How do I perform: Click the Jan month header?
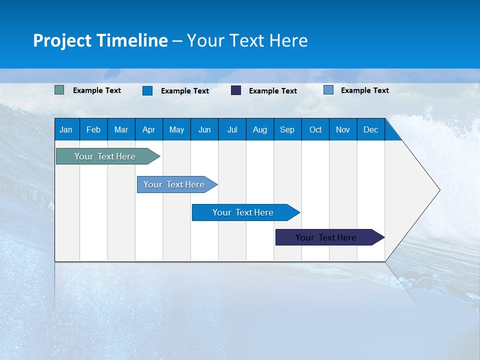(x=66, y=129)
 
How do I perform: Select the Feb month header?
(x=93, y=129)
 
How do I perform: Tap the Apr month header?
(x=148, y=129)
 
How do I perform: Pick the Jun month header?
(x=204, y=129)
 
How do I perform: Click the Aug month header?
(x=259, y=129)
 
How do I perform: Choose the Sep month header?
(x=287, y=129)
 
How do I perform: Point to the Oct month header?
(x=315, y=129)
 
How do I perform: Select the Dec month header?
(x=370, y=129)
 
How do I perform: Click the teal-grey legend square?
(x=59, y=90)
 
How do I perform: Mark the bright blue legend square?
(x=147, y=90)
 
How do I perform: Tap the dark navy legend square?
(x=236, y=90)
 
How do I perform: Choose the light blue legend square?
(x=328, y=90)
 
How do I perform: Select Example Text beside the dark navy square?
(x=272, y=91)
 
